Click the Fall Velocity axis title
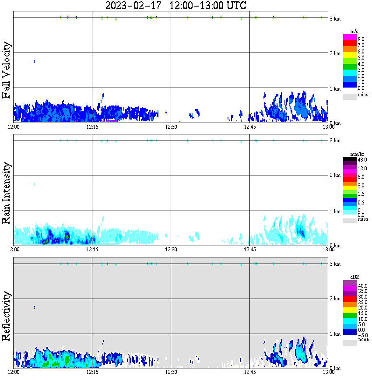[7, 71]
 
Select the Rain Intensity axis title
[7, 193]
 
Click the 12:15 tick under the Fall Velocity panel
[92, 127]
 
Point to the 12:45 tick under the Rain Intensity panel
[249, 250]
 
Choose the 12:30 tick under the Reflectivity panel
[171, 372]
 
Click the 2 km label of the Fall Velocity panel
[335, 53]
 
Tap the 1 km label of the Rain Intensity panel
[335, 211]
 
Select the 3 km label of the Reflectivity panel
[335, 264]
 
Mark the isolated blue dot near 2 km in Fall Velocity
[34, 61]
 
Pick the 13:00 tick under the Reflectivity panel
[328, 372]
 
